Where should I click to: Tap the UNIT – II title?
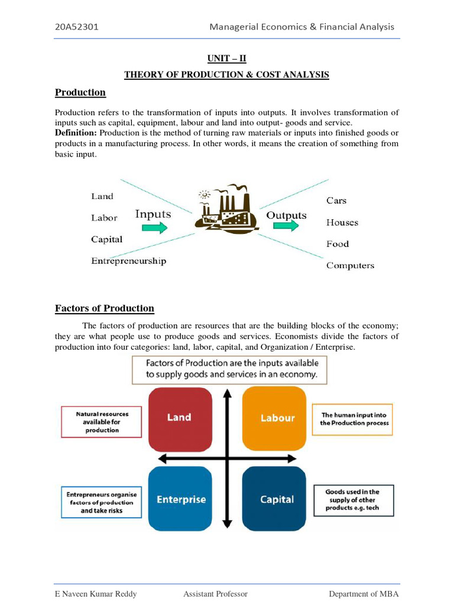click(226, 58)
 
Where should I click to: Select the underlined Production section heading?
click(80, 92)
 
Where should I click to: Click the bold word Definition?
click(76, 133)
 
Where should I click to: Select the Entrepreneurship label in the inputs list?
click(128, 261)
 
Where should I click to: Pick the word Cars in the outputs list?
click(336, 200)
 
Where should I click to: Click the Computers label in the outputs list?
click(350, 266)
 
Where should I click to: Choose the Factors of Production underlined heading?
click(105, 308)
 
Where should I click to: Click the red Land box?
click(179, 418)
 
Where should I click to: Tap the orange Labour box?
click(277, 418)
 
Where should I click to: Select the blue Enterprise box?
click(180, 499)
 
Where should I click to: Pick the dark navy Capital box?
click(277, 499)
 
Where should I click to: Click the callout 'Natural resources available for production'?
click(101, 422)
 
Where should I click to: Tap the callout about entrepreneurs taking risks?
click(102, 502)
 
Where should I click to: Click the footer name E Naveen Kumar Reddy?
click(96, 594)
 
